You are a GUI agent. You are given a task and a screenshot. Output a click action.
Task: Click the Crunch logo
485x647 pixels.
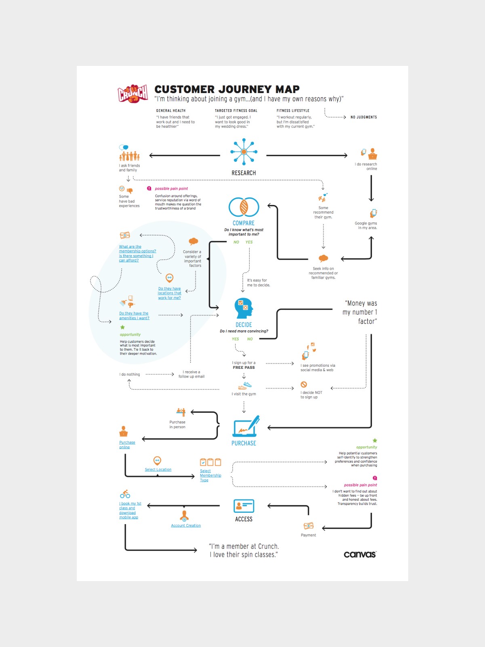coord(133,94)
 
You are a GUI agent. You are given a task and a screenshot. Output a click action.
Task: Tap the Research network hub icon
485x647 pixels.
coord(244,152)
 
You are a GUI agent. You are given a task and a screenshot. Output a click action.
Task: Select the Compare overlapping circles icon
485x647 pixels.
coord(244,207)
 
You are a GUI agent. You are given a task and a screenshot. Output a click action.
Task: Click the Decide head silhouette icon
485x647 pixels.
coord(244,308)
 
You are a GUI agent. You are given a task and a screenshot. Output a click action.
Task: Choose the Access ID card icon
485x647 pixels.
coord(244,506)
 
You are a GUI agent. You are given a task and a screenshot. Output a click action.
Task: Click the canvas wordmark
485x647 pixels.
coord(360,554)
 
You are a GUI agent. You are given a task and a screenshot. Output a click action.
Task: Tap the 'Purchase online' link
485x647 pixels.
coord(127,445)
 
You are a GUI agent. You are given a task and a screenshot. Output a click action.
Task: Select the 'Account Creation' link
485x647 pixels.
coord(186,526)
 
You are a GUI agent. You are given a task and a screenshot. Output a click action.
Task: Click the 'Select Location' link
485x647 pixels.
coord(158,470)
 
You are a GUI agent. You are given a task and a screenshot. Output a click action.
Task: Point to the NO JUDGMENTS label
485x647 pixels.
coord(363,117)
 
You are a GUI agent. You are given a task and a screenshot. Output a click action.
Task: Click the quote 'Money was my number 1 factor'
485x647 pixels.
coord(360,312)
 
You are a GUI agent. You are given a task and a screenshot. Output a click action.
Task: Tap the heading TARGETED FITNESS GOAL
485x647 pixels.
coord(236,110)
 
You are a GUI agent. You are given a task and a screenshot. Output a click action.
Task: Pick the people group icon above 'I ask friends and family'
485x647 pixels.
coord(129,156)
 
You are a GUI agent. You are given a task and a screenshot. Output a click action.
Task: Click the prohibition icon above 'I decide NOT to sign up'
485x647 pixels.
coord(304,385)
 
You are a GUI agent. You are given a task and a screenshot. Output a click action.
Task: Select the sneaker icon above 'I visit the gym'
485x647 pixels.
coord(245,385)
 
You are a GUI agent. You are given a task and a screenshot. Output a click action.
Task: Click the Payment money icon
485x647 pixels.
coord(308,526)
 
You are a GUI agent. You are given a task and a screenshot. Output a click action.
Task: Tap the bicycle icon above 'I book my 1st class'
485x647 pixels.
coord(125,494)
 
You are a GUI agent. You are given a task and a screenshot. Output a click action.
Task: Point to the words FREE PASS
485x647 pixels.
coord(244,368)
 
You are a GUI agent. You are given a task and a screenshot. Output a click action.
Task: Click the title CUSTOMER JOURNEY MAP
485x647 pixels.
coord(227,89)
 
